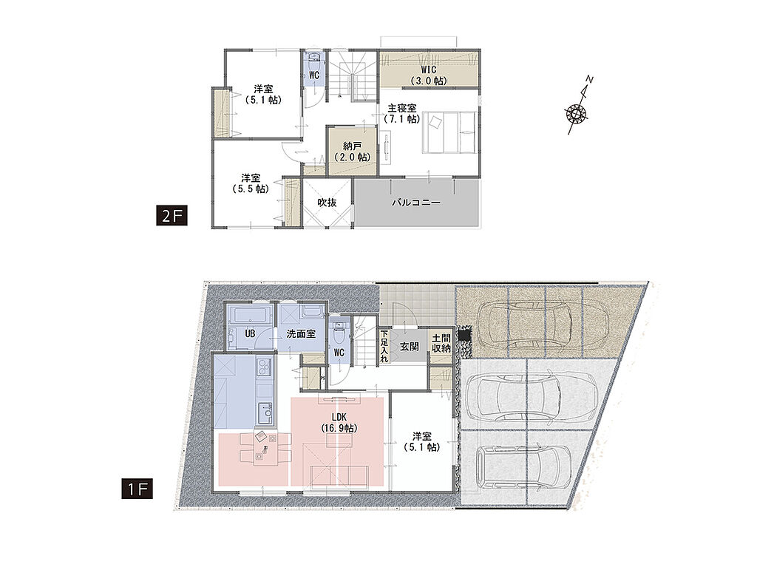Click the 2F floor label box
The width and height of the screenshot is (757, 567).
click(x=172, y=216)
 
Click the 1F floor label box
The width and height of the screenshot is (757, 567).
click(x=138, y=489)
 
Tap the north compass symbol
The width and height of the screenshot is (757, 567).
click(x=578, y=108)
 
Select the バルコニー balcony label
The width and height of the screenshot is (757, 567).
click(x=416, y=202)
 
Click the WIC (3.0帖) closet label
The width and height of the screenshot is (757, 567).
click(x=428, y=75)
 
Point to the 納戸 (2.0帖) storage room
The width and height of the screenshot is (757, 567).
click(x=353, y=151)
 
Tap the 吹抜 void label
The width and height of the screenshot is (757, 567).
click(x=327, y=203)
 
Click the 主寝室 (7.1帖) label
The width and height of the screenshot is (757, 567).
click(x=401, y=113)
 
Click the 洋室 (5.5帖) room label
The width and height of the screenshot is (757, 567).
click(x=251, y=183)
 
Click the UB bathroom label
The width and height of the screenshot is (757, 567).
click(x=250, y=333)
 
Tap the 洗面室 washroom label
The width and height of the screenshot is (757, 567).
click(x=302, y=333)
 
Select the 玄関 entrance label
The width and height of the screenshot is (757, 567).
click(x=410, y=346)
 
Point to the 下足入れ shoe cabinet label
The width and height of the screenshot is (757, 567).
click(x=384, y=346)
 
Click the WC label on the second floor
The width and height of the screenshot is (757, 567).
click(x=314, y=75)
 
